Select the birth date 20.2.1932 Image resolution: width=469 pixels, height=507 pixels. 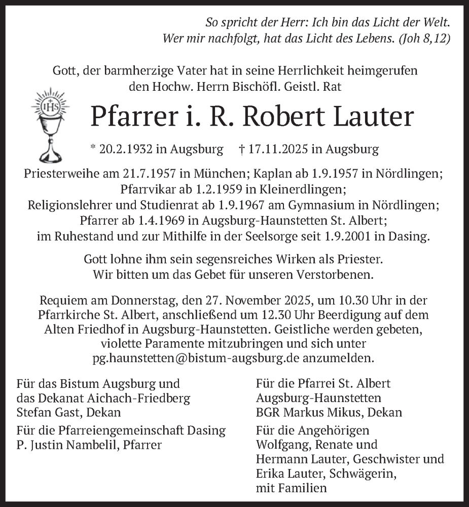click(x=120, y=150)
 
